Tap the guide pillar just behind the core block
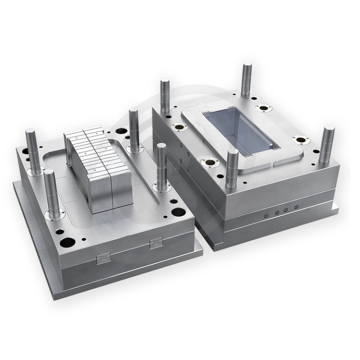click(132, 125)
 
